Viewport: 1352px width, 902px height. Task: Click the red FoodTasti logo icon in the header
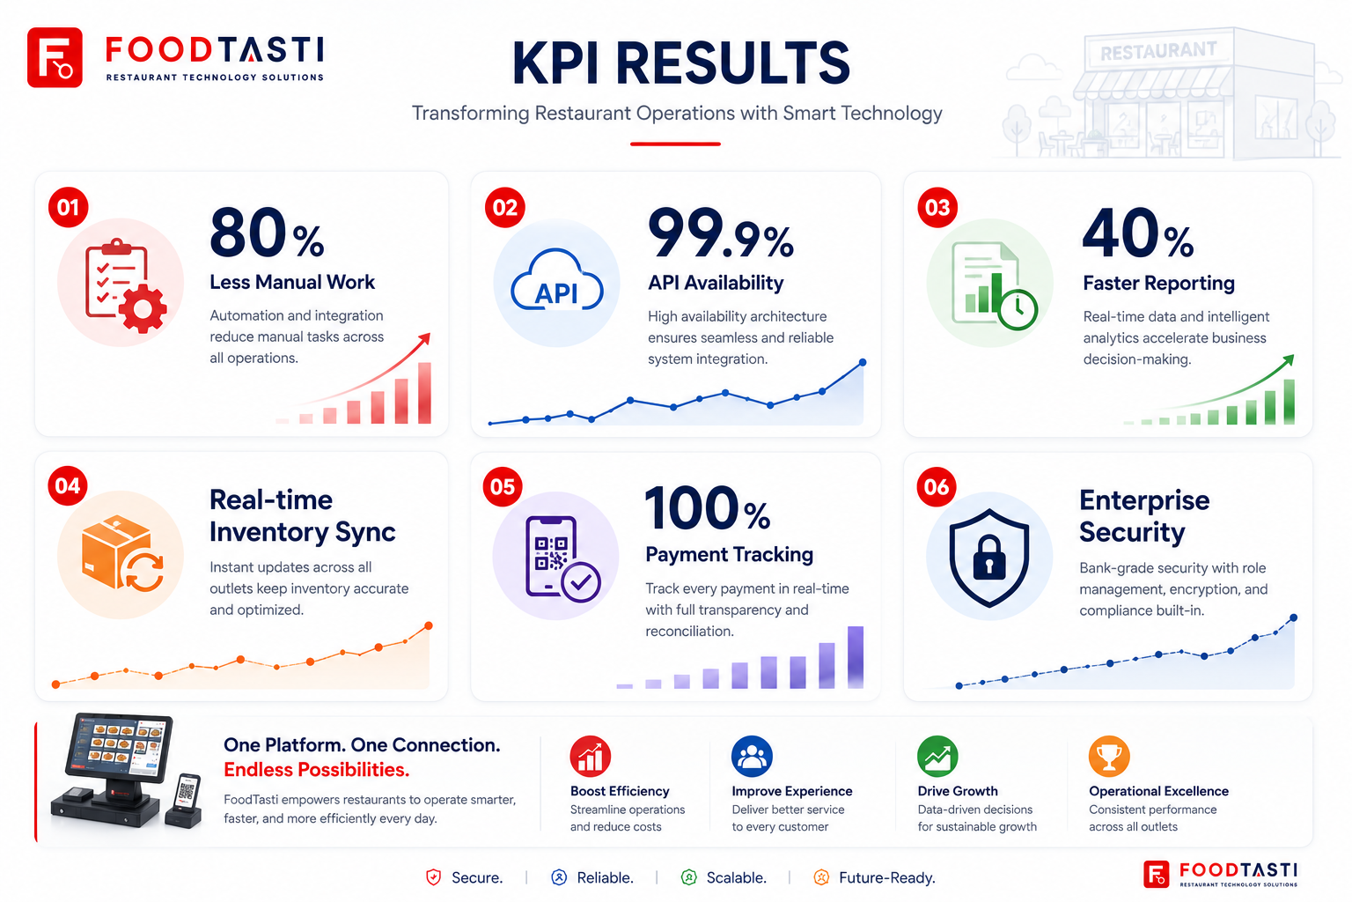tap(55, 57)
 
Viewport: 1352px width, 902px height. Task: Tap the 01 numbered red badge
tap(68, 207)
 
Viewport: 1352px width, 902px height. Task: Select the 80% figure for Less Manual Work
tap(267, 233)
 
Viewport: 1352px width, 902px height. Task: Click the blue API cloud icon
tap(556, 281)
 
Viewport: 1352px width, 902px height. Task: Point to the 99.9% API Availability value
tap(721, 233)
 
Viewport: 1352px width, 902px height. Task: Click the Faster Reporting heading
tap(1159, 283)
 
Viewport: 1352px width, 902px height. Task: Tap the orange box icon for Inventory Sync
tap(123, 553)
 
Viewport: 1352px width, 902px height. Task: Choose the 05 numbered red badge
tap(503, 487)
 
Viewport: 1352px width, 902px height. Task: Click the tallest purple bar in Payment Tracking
tap(856, 657)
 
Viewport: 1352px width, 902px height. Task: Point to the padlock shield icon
tap(989, 558)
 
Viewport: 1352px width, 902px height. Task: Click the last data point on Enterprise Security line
tap(1293, 617)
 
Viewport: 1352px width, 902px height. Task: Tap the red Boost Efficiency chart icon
tap(591, 757)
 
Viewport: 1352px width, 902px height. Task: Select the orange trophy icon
tap(1109, 757)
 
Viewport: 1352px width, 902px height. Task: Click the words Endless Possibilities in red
tap(316, 770)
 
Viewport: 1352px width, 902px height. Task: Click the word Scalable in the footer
tap(737, 877)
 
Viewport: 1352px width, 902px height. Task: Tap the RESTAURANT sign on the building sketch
tap(1158, 51)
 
